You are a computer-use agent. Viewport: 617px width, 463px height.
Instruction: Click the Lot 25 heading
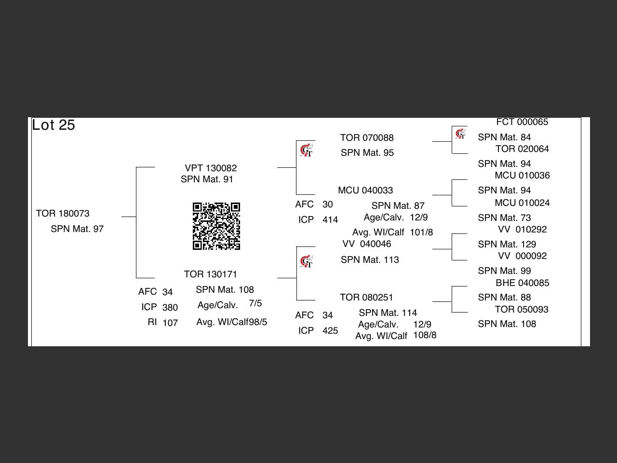click(54, 125)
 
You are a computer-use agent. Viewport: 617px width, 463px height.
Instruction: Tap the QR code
click(216, 226)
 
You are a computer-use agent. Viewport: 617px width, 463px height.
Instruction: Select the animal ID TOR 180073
click(63, 214)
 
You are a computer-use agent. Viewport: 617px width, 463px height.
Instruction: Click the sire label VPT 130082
click(211, 168)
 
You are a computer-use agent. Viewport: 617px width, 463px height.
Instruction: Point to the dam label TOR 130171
click(211, 274)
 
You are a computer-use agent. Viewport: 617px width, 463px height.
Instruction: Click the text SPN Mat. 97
click(77, 229)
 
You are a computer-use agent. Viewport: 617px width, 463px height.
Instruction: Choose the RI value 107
click(170, 323)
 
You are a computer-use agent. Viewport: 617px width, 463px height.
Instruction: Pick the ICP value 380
click(170, 307)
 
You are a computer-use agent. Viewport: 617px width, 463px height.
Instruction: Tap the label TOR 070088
click(367, 138)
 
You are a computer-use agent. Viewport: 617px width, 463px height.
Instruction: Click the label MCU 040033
click(365, 191)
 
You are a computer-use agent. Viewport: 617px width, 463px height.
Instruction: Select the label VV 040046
click(367, 244)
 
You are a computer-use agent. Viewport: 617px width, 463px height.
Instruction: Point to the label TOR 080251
click(366, 298)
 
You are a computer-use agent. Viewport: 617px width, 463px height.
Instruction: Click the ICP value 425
click(330, 331)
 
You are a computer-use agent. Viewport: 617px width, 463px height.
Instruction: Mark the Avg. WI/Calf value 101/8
click(421, 232)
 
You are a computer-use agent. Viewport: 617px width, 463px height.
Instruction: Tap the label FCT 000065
click(522, 122)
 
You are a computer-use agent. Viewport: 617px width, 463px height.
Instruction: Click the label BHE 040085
click(523, 283)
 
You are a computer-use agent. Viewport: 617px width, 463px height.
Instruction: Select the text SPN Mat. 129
click(507, 245)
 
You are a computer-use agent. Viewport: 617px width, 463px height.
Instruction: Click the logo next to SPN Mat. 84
click(460, 134)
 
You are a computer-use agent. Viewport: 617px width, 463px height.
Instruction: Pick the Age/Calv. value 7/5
click(255, 303)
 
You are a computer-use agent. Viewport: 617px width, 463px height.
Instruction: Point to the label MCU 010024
click(522, 203)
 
